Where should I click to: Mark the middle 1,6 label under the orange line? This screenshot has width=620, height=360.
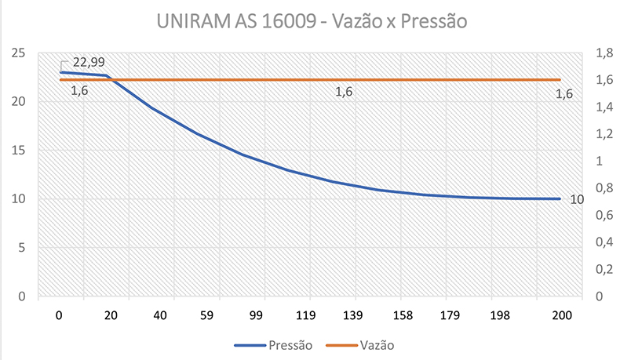click(344, 93)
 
